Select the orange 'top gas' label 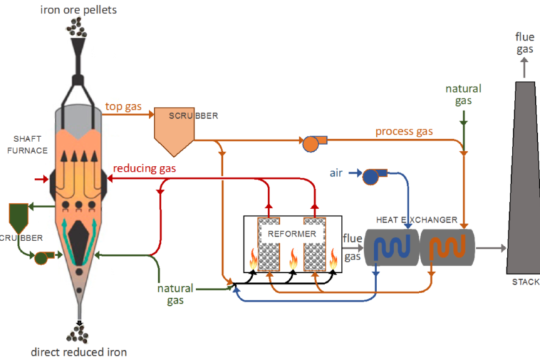[x=123, y=108]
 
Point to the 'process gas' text [x=404, y=131]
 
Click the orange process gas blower [x=310, y=143]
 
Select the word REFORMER [x=292, y=233]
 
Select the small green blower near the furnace [x=41, y=257]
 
